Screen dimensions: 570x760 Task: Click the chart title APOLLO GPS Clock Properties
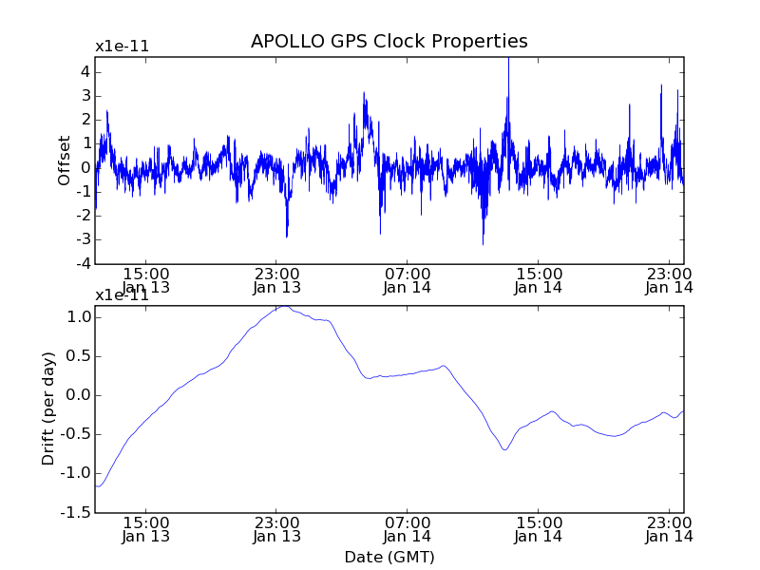pos(389,42)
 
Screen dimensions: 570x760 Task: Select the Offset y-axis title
pos(65,161)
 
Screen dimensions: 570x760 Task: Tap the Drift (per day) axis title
pos(49,408)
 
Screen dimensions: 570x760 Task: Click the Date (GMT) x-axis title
pos(389,557)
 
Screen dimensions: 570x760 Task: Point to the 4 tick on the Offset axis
pos(85,71)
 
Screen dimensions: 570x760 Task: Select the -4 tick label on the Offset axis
pos(83,263)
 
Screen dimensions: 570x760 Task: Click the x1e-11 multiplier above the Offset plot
pos(122,47)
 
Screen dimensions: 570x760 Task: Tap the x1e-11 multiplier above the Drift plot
pos(122,294)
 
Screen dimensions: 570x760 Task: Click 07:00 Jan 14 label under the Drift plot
pos(408,528)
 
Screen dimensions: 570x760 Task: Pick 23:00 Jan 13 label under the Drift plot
pos(276,528)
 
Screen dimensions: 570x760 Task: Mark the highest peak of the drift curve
pos(282,307)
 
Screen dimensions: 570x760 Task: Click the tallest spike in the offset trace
pos(508,60)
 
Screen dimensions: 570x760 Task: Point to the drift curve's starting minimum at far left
pos(98,486)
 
